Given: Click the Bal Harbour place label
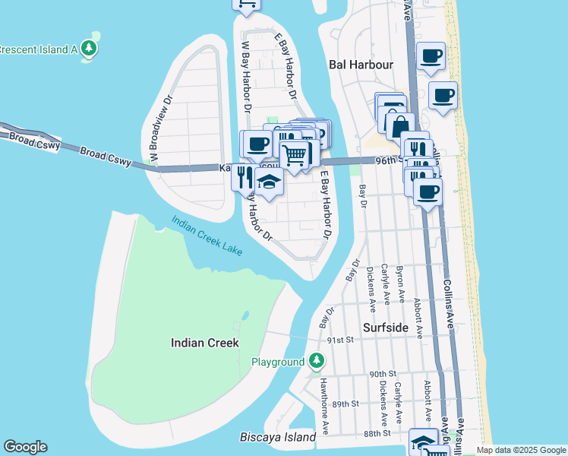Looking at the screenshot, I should (x=361, y=65).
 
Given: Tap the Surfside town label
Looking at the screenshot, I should (x=385, y=328).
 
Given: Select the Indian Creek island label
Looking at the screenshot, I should (x=205, y=343).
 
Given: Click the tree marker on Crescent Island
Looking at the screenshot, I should (x=90, y=49).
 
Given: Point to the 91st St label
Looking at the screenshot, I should (x=342, y=340).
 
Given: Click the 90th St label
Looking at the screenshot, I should (x=383, y=374).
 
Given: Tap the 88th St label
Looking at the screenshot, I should (x=377, y=432).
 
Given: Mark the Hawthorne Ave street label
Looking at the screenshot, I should (x=323, y=396).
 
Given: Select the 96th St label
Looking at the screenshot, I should (x=390, y=160).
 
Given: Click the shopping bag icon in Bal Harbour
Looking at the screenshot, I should (x=399, y=125).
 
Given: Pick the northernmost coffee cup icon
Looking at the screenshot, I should (x=431, y=56).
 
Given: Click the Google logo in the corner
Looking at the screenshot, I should (x=25, y=447).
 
